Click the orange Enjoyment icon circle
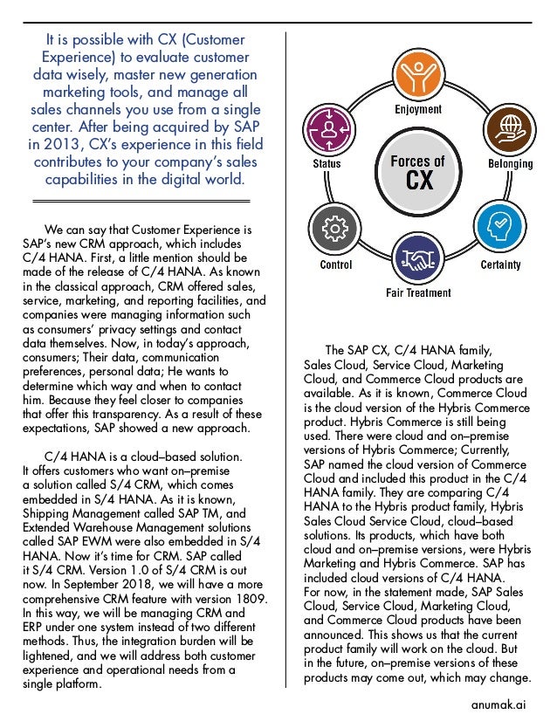point(417,77)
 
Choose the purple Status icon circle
point(328,129)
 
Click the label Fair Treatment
point(418,293)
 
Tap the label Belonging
point(510,163)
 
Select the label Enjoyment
point(417,110)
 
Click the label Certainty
point(501,264)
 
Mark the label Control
point(336,264)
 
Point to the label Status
point(327,163)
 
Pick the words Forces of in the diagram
point(417,161)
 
